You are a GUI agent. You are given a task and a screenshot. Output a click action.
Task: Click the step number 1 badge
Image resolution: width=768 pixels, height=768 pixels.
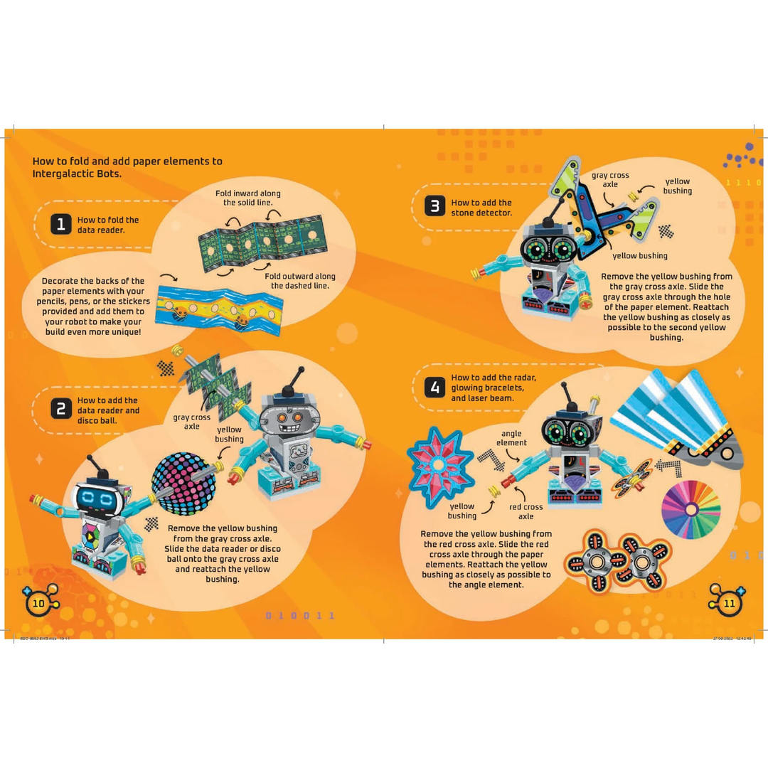61,225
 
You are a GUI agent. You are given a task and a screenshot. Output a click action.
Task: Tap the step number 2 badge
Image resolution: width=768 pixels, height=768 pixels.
61,408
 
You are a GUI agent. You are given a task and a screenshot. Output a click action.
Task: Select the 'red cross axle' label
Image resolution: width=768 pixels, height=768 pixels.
526,511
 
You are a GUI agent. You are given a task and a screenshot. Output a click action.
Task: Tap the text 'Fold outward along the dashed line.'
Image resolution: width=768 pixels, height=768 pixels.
299,281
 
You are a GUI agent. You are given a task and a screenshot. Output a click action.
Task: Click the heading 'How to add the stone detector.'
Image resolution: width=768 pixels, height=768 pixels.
481,207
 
